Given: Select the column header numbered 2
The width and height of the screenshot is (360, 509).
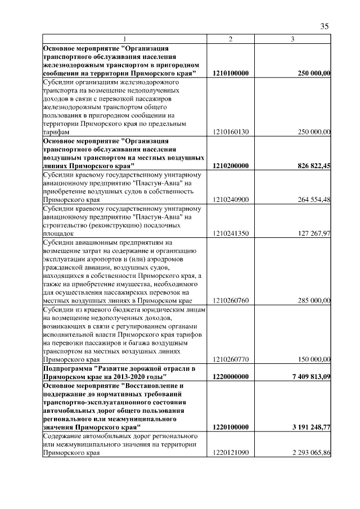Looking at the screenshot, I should click(231, 39).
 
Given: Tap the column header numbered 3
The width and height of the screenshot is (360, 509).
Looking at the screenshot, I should click(292, 39).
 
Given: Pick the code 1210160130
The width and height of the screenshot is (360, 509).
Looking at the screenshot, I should click(231, 132).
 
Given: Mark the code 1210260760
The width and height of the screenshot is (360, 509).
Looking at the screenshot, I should click(231, 300).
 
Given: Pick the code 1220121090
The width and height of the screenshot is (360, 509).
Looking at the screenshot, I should click(231, 452).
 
